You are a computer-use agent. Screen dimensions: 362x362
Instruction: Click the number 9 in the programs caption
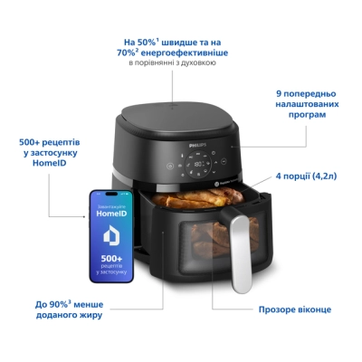278,93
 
